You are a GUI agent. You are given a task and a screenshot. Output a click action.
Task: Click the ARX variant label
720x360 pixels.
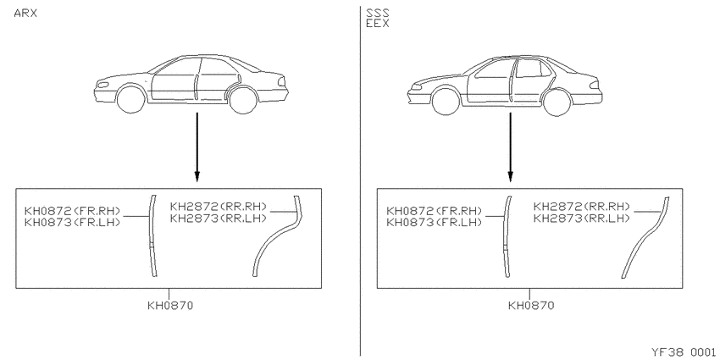(x=25, y=14)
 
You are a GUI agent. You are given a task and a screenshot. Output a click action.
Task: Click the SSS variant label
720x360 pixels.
(x=378, y=13)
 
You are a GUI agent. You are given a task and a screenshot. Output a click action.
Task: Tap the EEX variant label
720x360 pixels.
(x=378, y=24)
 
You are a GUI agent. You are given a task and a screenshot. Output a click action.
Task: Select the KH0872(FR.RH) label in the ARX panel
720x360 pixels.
(x=72, y=211)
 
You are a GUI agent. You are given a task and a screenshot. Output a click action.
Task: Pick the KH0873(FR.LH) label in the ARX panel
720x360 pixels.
(x=72, y=223)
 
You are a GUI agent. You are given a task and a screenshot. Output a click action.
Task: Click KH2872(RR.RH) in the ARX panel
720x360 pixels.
(x=218, y=207)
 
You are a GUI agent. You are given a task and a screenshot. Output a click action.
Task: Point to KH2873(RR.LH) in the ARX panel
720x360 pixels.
(x=218, y=218)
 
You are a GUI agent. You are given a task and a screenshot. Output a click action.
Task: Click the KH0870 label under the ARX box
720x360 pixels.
(x=170, y=305)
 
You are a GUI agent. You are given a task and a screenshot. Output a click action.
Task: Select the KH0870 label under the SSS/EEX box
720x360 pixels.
(x=531, y=305)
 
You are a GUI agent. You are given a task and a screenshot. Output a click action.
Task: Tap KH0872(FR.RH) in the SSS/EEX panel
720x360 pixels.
(x=435, y=211)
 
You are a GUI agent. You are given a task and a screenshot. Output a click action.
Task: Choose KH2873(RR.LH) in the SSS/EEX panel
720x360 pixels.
(x=581, y=218)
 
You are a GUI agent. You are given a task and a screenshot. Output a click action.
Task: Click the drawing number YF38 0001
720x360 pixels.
(x=684, y=352)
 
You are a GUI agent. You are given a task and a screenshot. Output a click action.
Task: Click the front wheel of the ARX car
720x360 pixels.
(x=131, y=100)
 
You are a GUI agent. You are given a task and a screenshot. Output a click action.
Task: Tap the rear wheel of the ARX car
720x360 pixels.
(x=243, y=100)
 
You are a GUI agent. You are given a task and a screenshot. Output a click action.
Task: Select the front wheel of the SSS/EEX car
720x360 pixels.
(x=446, y=102)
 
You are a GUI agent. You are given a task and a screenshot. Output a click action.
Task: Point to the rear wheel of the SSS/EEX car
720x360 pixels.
(x=557, y=102)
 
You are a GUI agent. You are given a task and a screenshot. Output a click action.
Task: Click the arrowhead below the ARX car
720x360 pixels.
(x=197, y=177)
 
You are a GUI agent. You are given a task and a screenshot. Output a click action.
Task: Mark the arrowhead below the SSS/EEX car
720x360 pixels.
(x=510, y=177)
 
